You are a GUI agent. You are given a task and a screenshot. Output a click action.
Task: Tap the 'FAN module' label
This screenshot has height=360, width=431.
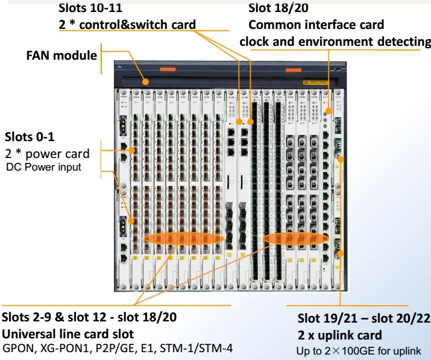point(61,55)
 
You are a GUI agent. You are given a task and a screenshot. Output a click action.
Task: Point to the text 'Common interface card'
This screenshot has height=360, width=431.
point(316,25)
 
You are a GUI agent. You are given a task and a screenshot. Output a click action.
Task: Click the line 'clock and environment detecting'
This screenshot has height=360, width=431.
point(335,41)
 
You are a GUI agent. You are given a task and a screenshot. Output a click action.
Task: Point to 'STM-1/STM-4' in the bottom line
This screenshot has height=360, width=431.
point(200,348)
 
